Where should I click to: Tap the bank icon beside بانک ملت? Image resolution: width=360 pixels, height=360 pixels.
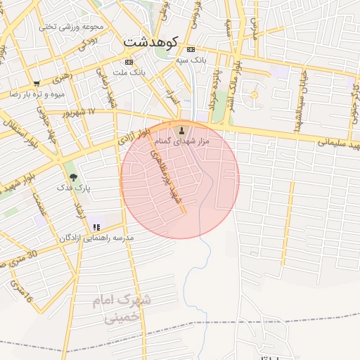pos(129,62)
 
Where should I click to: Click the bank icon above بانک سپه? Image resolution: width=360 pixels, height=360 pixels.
pos(191,49)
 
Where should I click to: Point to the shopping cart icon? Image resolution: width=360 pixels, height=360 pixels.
pos(37,83)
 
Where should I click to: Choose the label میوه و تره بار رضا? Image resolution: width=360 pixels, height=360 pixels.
pos(37,94)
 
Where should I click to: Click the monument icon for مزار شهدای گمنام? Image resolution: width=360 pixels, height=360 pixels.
pos(182,131)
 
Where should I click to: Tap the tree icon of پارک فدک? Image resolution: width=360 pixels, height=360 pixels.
pos(73,177)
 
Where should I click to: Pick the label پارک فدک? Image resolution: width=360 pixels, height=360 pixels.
pos(73,188)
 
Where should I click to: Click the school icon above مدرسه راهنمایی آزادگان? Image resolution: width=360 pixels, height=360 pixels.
pos(96,227)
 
